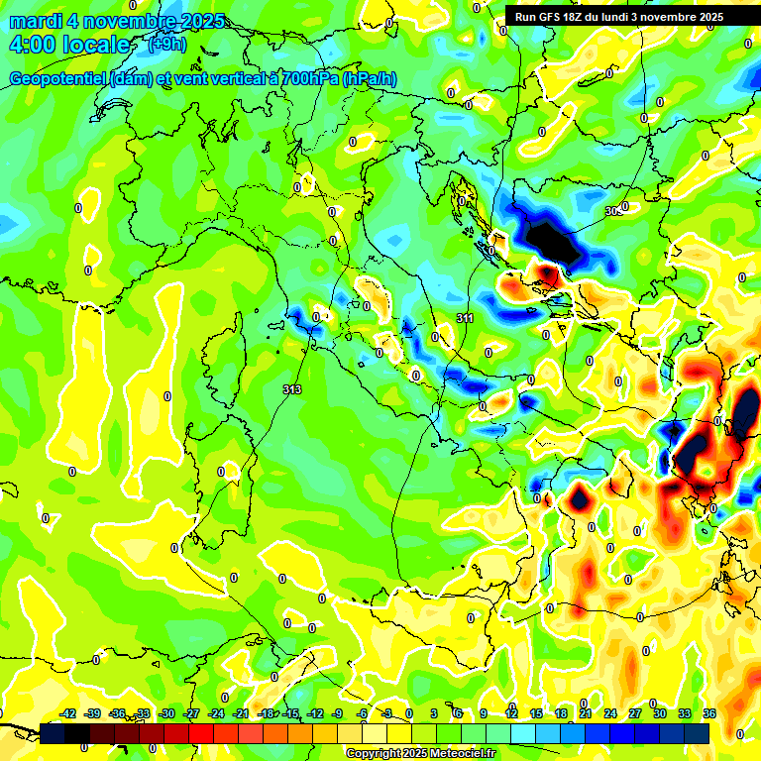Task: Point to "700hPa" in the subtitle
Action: pos(307,79)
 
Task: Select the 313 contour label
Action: pos(291,389)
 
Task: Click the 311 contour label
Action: pos(465,318)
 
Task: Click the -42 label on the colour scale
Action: pos(68,713)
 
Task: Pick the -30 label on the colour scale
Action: pos(167,713)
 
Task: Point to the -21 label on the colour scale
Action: pos(241,713)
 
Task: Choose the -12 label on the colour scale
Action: pos(315,713)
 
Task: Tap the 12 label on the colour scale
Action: pos(511,713)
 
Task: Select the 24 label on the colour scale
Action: pos(610,713)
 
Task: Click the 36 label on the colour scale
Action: pos(709,713)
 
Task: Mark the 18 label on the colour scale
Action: pos(561,713)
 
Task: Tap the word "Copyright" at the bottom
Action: pos(373,753)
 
